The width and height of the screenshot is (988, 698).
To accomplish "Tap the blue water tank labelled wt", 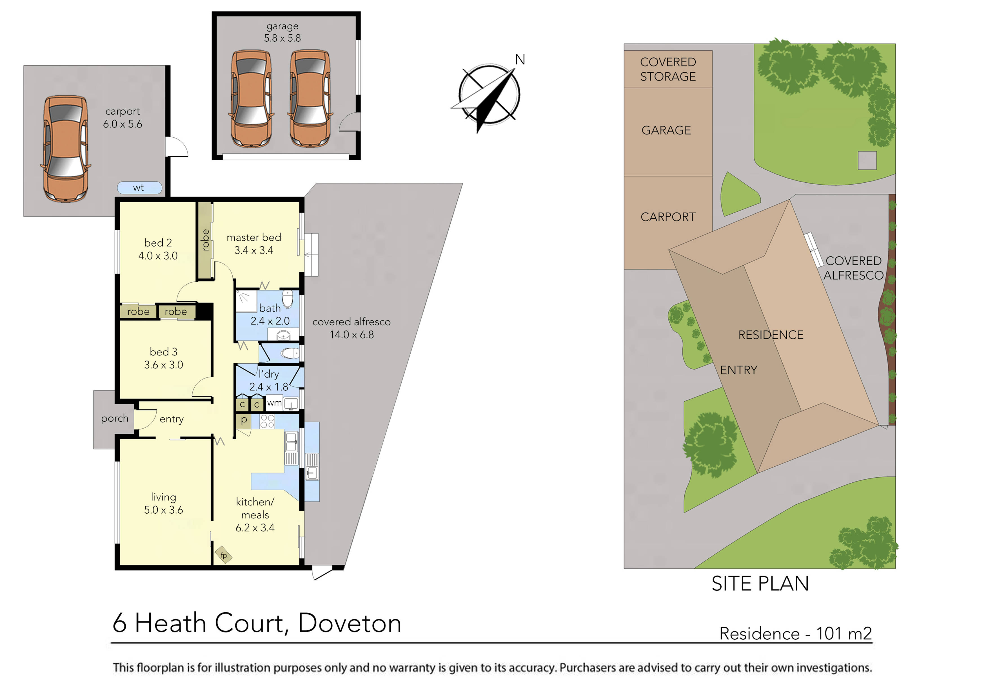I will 139,188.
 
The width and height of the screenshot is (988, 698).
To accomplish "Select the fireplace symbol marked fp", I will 224,555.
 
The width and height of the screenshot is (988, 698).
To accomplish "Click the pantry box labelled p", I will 244,420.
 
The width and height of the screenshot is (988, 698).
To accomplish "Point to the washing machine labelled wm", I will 274,403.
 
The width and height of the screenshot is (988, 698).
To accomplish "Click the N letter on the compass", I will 520,60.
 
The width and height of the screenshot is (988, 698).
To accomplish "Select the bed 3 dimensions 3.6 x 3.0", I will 164,365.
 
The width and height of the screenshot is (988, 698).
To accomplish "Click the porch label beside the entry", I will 114,419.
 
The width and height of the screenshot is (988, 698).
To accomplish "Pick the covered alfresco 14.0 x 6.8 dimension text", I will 351,335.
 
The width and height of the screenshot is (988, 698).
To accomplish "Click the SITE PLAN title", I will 760,584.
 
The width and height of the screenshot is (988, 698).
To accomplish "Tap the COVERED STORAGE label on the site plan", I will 667,69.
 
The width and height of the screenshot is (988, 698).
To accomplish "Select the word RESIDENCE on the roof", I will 771,335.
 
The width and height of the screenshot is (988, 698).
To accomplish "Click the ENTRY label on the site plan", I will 738,370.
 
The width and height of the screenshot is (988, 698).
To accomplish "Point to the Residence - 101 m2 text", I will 795,634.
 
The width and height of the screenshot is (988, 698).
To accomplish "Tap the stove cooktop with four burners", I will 267,421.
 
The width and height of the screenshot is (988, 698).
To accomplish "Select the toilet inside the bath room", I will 288,298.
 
